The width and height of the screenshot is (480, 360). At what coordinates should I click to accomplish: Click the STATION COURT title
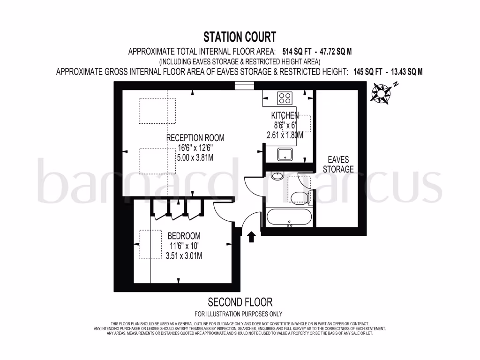[240, 37]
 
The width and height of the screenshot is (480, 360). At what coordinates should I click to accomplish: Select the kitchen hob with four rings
[285, 98]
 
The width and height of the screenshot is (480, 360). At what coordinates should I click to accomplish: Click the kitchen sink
[285, 154]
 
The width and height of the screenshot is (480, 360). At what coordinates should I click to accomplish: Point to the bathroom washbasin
[277, 176]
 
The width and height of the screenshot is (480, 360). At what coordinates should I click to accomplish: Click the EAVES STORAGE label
[338, 165]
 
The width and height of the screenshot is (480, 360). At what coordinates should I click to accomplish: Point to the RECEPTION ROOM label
[195, 138]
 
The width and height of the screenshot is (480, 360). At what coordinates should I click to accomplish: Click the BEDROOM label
[184, 236]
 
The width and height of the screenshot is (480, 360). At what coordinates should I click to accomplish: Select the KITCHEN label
[285, 115]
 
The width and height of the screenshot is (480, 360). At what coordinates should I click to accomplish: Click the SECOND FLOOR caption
[240, 302]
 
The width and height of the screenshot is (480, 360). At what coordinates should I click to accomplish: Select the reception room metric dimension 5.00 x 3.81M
[195, 158]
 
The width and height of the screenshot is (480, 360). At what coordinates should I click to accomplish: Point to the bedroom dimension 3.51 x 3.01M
[184, 255]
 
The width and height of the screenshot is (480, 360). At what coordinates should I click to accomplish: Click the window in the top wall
[244, 85]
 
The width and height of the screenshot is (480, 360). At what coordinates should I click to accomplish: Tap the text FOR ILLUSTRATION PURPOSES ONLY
[239, 314]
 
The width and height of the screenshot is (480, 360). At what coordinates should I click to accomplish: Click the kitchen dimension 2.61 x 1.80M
[282, 135]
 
